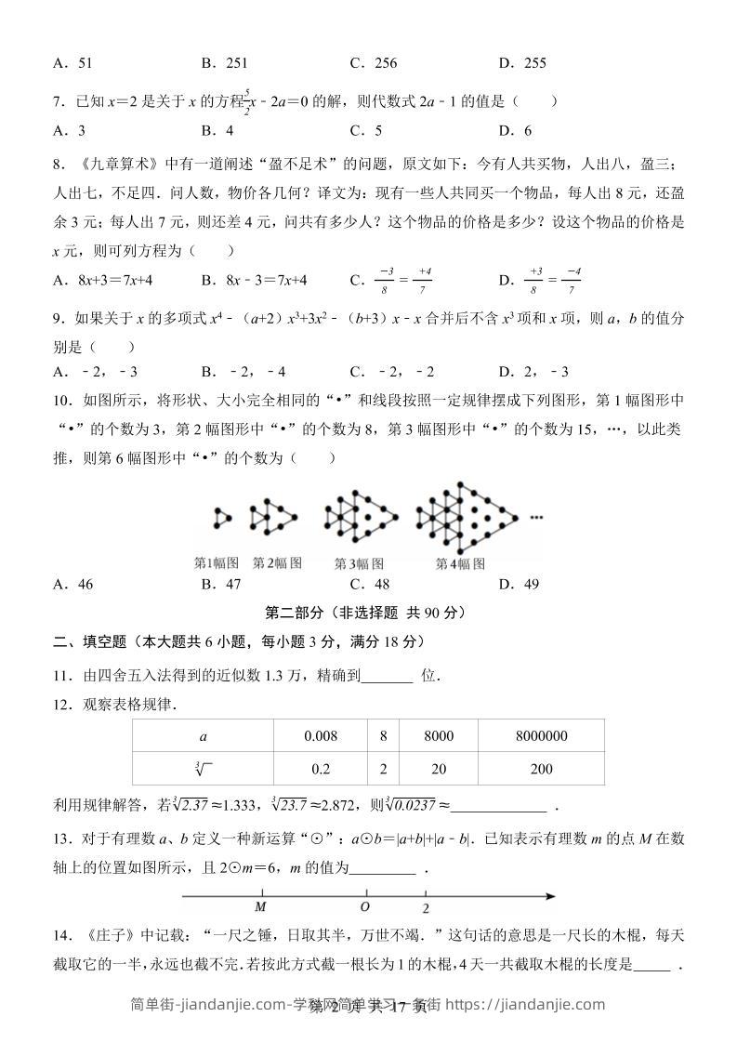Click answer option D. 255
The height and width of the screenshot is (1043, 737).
521,63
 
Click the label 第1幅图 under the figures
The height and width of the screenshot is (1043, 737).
217,562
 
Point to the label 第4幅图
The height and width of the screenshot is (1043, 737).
460,563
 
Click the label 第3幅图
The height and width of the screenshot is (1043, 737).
359,563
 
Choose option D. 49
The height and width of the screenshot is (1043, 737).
519,585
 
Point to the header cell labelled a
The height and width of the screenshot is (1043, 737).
204,736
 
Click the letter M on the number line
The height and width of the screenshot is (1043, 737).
261,907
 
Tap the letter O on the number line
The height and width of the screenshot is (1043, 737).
365,907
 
